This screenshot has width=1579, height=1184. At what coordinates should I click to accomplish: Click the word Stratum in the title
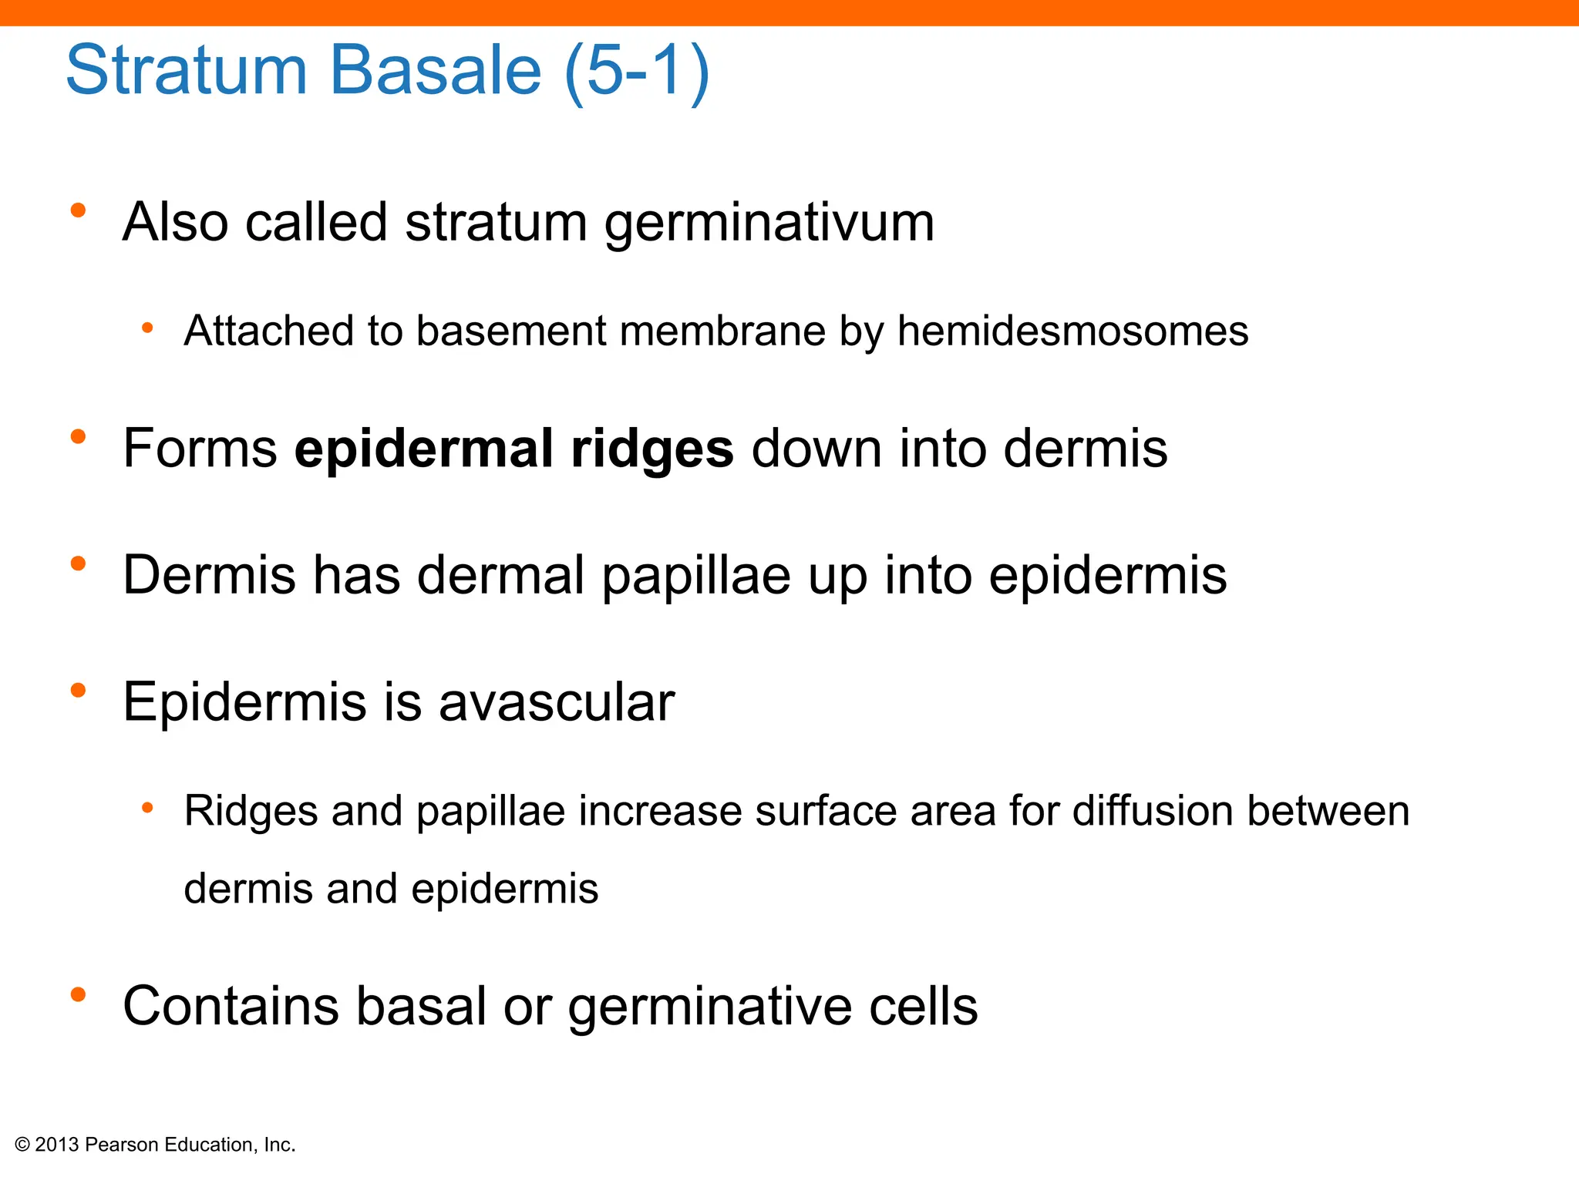[x=187, y=71]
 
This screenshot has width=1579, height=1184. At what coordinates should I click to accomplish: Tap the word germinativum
[x=769, y=224]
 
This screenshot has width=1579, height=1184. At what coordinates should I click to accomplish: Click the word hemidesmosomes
[x=1072, y=331]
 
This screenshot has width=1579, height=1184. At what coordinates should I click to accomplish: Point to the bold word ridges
[x=651, y=449]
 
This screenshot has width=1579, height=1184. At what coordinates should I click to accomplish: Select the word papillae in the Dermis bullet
[x=695, y=577]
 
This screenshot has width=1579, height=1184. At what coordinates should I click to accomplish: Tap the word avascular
[x=557, y=702]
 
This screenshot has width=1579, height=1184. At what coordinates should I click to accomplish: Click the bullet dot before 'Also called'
[x=78, y=210]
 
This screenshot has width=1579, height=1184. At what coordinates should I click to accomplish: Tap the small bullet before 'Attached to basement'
[x=147, y=329]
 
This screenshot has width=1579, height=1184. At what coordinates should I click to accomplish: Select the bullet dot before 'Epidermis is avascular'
[x=78, y=691]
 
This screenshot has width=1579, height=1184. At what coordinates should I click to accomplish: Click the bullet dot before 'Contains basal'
[x=78, y=995]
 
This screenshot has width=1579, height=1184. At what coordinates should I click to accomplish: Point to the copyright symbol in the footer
[x=22, y=1145]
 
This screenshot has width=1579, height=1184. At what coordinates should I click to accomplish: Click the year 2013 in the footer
[x=57, y=1145]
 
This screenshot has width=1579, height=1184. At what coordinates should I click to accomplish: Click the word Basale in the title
[x=436, y=71]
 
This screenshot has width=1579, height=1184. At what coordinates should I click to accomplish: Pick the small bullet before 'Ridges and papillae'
[x=147, y=809]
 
